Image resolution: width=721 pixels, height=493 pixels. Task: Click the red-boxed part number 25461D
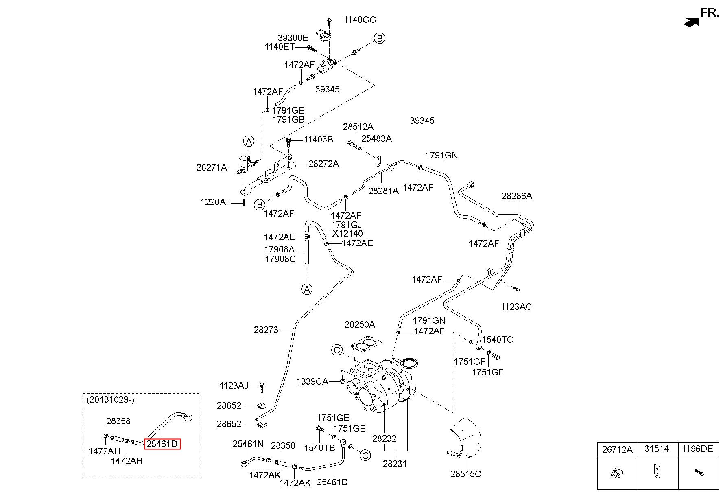click(162, 444)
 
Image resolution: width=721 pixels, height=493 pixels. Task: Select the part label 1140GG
click(360, 20)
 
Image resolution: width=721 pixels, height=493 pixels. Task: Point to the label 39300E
click(293, 38)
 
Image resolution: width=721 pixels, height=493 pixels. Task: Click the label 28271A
click(212, 167)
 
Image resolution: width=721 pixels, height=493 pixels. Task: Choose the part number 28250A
click(360, 324)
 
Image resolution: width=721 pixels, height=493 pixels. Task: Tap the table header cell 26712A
click(617, 449)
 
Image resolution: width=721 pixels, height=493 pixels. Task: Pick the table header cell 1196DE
click(697, 449)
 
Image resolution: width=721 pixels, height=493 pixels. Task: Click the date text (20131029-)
click(110, 399)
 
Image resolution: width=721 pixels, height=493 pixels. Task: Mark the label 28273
click(266, 330)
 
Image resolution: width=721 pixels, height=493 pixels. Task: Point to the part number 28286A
click(517, 196)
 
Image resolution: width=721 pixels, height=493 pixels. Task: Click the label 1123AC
click(516, 307)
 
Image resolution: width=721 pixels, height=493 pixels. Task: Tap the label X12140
click(347, 234)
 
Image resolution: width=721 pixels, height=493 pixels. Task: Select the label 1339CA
click(312, 381)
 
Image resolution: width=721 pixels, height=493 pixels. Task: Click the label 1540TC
click(498, 340)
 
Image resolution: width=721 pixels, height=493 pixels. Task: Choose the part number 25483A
click(376, 138)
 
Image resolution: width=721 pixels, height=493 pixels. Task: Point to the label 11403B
click(318, 140)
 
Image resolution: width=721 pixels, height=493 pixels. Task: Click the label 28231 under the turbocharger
click(395, 463)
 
